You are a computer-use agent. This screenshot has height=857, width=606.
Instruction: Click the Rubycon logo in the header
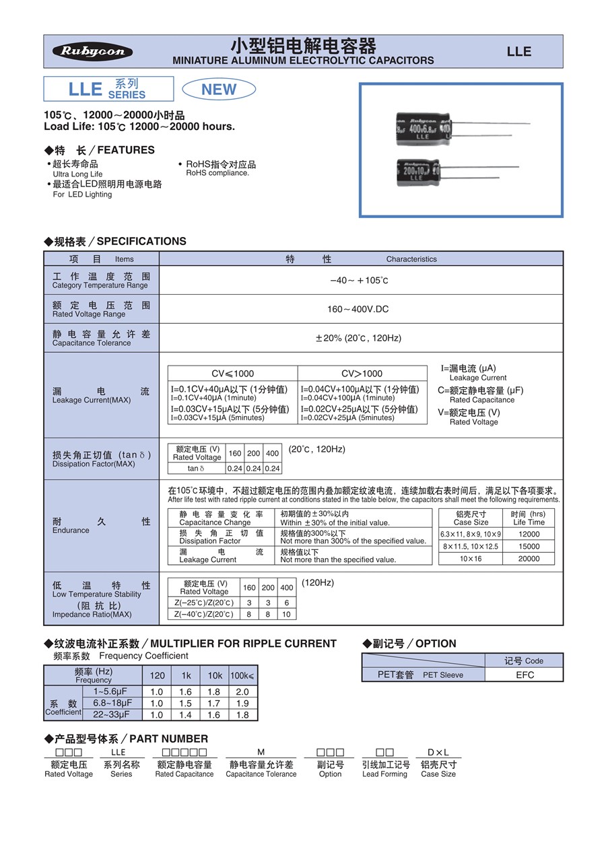click(x=93, y=52)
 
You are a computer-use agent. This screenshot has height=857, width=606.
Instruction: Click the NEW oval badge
click(x=219, y=90)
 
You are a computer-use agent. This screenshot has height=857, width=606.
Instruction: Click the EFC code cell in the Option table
click(x=525, y=675)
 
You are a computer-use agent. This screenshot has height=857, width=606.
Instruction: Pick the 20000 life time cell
click(x=529, y=559)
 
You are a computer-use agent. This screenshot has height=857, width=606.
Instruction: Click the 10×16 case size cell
click(x=471, y=559)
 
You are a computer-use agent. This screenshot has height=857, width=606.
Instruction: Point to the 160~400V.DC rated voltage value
click(x=360, y=309)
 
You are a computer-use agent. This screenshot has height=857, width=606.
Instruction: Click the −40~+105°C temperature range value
click(x=359, y=280)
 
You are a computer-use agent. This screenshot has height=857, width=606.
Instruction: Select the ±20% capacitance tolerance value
click(x=358, y=338)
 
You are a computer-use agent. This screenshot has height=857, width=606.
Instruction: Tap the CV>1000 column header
click(x=362, y=374)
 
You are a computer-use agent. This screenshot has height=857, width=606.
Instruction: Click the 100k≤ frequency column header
click(x=242, y=675)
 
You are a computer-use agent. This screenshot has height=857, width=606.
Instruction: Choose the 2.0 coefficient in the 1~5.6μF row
click(x=242, y=691)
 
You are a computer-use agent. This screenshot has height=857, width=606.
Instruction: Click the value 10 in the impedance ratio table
click(x=287, y=614)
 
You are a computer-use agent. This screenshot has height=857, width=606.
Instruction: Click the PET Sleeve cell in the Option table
click(x=422, y=675)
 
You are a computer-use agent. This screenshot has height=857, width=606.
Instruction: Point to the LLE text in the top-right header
click(x=518, y=52)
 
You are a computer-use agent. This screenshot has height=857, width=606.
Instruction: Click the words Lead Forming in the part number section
click(x=384, y=774)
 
